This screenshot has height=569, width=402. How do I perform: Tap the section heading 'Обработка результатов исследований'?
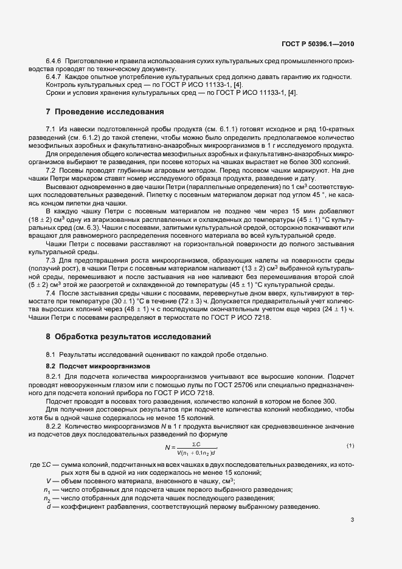(130, 336)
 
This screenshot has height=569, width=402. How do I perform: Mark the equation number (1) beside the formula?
(350, 446)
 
